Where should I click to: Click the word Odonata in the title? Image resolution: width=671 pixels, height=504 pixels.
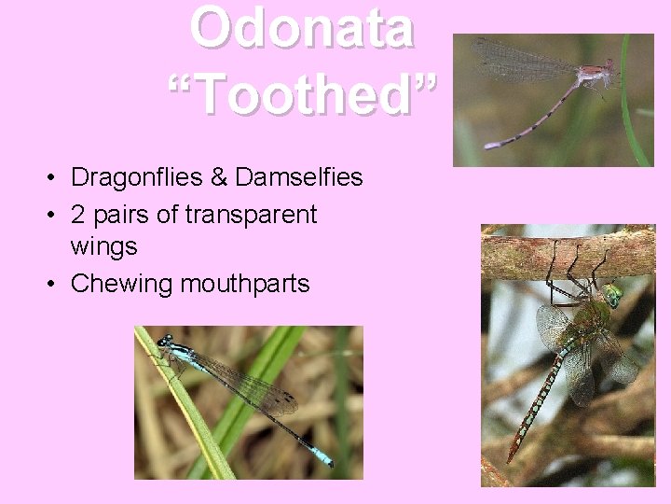click(301, 28)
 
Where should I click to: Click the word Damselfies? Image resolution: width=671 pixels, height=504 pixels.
click(299, 176)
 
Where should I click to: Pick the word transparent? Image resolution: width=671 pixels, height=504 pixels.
click(252, 216)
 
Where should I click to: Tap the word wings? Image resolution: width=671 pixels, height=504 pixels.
click(104, 247)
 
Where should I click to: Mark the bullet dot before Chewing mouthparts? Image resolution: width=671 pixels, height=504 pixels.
click(56, 284)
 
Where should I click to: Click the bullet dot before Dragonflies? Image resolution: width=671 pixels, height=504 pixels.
click(56, 176)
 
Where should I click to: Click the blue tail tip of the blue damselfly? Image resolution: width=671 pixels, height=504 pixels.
click(323, 457)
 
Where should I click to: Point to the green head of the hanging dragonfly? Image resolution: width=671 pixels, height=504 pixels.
click(611, 297)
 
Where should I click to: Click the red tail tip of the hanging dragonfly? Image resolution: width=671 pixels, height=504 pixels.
click(512, 457)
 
